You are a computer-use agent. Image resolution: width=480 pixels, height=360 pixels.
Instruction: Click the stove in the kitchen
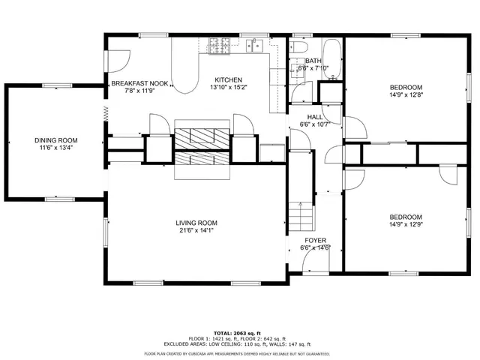(x=220, y=46)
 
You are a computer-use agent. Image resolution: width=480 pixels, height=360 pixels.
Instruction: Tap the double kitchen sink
(x=255, y=46)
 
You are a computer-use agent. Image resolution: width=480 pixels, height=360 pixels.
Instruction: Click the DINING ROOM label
(x=55, y=140)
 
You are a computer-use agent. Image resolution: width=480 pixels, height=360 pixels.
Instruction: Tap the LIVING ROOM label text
(x=196, y=223)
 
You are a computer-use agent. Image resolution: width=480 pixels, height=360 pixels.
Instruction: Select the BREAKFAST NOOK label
(x=140, y=83)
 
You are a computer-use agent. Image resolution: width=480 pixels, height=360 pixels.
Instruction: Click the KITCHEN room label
(x=229, y=79)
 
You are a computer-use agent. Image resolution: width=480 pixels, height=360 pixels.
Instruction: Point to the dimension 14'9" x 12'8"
(x=406, y=95)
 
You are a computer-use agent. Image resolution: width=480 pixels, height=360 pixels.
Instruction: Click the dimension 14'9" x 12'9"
(x=406, y=223)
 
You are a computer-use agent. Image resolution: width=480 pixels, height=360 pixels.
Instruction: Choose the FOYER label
(x=315, y=240)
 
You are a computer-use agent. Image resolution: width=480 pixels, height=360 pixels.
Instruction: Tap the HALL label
(x=314, y=117)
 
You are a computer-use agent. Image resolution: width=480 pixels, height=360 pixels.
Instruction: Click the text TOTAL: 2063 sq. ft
(x=238, y=332)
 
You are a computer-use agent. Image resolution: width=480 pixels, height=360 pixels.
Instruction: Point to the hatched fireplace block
(x=203, y=148)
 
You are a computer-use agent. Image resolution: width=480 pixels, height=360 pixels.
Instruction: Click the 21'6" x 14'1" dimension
(x=196, y=231)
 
